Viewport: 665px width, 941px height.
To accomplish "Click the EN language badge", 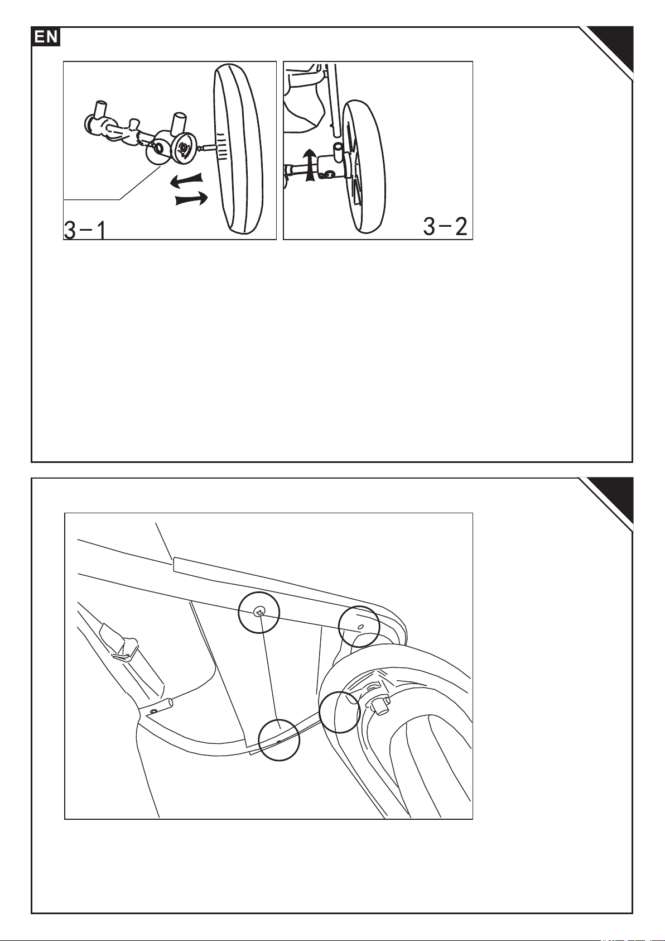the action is pos(46,37).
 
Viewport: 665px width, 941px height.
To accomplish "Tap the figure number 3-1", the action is pos(85,230).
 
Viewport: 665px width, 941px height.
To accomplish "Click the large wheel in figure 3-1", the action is pos(238,149).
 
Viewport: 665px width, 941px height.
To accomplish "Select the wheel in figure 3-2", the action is pos(363,166).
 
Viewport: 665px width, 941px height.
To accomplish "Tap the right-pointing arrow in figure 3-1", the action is pos(192,199).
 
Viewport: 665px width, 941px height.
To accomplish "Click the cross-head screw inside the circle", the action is pos(259,613).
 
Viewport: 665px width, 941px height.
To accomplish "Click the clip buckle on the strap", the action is pos(124,649).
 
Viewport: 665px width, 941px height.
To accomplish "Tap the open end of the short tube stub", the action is pos(171,702).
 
